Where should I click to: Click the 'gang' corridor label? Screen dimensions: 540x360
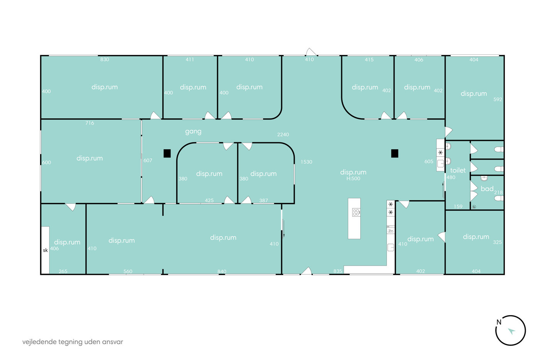193,132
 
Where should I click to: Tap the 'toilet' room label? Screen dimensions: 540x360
458,170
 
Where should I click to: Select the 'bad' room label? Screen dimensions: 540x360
487,189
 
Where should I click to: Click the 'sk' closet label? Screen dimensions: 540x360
46,250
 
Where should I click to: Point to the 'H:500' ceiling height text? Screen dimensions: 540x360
353,178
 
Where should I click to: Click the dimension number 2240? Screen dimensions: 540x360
283,135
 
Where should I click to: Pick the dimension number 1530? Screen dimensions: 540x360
306,162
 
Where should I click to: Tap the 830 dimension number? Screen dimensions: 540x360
105,59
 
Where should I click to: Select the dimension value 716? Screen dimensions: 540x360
89,123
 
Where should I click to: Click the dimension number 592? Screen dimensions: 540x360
498,99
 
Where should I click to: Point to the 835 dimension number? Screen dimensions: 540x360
338,271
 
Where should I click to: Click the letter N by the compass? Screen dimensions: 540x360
499,322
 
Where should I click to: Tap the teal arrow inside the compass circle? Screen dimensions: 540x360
511,331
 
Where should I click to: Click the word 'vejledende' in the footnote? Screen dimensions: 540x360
39,342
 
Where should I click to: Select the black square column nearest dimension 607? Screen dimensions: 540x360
167,153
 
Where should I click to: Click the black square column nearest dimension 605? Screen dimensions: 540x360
395,153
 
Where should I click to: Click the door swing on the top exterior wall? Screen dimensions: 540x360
311,52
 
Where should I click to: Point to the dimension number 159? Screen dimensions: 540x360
458,206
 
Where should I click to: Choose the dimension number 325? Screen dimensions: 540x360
497,242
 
